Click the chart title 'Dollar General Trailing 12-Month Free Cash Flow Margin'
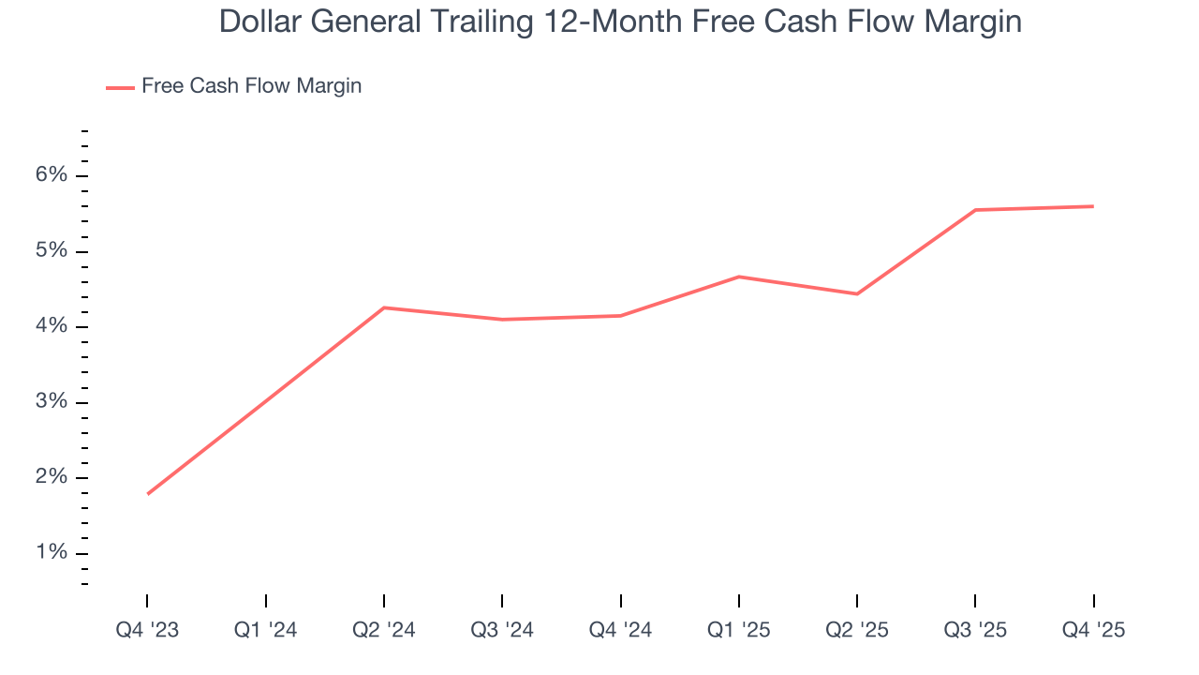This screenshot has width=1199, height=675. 620,22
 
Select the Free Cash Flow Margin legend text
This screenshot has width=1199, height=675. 251,86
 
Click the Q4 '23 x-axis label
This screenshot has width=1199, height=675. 147,631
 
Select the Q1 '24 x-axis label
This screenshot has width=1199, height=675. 265,631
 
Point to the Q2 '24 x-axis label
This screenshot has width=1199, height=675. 384,631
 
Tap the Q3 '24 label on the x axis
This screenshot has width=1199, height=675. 502,631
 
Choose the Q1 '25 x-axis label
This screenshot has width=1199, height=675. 738,631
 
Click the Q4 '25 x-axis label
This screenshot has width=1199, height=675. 1093,631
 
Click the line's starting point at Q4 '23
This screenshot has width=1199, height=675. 148,493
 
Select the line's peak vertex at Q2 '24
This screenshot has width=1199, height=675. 384,307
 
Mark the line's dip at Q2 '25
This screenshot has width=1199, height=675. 857,294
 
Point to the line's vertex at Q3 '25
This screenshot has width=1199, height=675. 975,210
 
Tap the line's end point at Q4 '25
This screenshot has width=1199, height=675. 1093,206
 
